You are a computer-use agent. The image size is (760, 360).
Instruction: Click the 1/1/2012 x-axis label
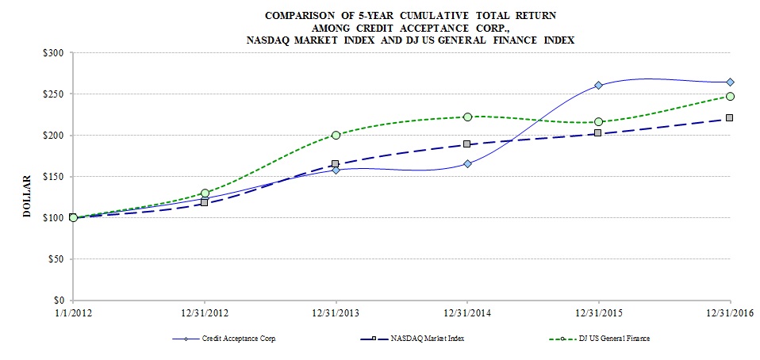point(73,313)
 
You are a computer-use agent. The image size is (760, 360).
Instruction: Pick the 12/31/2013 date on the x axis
point(336,313)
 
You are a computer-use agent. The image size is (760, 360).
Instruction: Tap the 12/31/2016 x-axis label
point(729,313)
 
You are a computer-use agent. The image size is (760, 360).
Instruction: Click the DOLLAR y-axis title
point(26,196)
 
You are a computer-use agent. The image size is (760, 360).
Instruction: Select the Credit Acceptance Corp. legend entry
point(239,339)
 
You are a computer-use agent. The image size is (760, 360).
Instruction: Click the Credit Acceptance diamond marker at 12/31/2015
point(598,86)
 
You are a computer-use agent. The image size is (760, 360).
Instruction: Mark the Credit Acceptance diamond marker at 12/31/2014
point(467,163)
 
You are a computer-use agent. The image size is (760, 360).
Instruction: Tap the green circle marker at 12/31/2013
point(336,135)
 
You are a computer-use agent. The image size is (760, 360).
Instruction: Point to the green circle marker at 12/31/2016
point(730,97)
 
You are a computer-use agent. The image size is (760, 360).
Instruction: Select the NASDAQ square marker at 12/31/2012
point(205,202)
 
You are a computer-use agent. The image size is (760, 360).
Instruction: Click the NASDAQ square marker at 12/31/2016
point(730,118)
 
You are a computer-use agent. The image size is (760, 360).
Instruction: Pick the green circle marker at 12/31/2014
point(467,117)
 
